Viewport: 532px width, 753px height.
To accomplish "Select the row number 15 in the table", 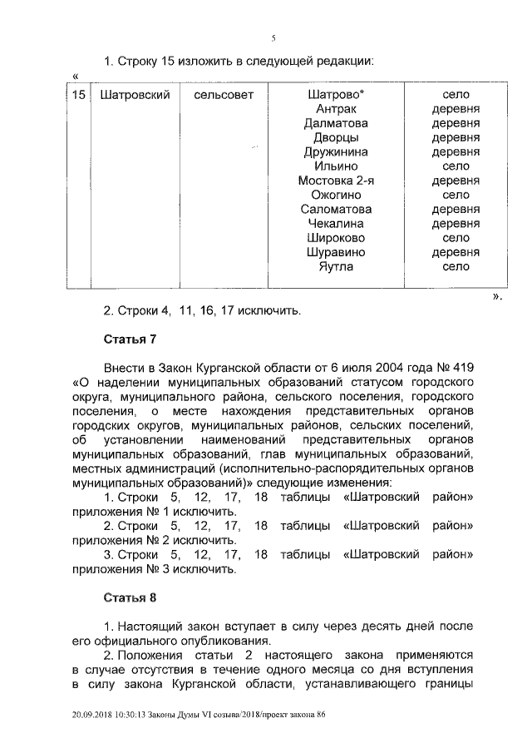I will pos(78,96).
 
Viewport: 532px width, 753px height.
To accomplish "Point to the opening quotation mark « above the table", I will pos(76,77).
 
